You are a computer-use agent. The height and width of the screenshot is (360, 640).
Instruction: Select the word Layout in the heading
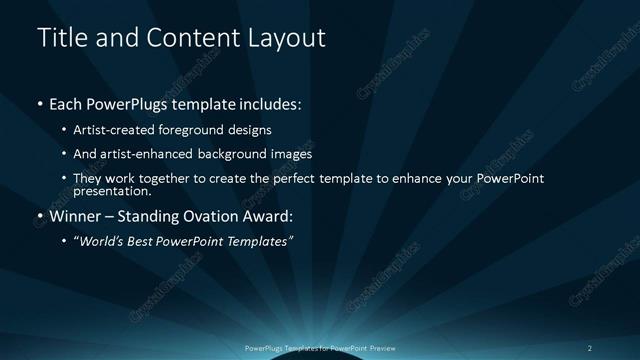click(288, 38)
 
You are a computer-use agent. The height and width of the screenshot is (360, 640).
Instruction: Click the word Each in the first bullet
click(67, 103)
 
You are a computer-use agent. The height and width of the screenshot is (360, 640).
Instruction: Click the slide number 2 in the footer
click(590, 347)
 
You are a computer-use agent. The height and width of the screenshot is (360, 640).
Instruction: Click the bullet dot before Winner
click(39, 216)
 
